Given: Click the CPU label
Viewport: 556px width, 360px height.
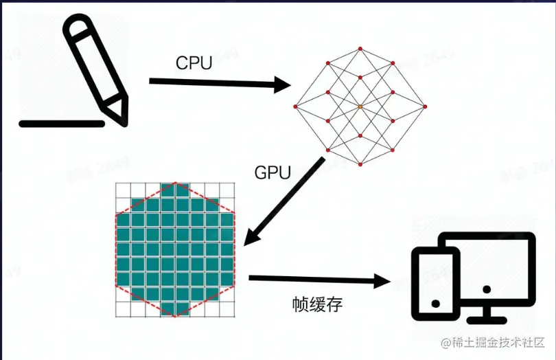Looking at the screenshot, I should tap(194, 64).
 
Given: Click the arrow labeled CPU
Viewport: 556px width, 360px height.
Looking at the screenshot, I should tap(220, 84).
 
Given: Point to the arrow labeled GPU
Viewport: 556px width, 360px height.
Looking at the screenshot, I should tap(283, 201).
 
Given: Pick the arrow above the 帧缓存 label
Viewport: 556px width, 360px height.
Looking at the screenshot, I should tap(320, 280).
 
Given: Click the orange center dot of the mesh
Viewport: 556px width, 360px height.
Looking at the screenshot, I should tap(360, 106).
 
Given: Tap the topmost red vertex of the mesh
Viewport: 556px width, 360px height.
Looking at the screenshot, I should tap(360, 49).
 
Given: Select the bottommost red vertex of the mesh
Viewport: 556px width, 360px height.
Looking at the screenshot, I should tap(360, 165).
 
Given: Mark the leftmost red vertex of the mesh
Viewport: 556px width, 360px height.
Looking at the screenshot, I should tap(296, 106).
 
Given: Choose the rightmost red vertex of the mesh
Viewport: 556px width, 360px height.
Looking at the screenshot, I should tap(424, 106).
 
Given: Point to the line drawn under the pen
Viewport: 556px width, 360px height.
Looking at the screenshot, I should tap(62, 124).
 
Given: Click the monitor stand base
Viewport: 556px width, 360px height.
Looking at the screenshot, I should tap(487, 318).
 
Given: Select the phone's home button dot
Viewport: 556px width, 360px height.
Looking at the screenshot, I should tap(434, 303).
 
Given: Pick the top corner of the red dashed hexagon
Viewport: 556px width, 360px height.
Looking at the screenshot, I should tap(176, 183).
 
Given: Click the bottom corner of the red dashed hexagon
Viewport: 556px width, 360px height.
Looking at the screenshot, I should tap(176, 317).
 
